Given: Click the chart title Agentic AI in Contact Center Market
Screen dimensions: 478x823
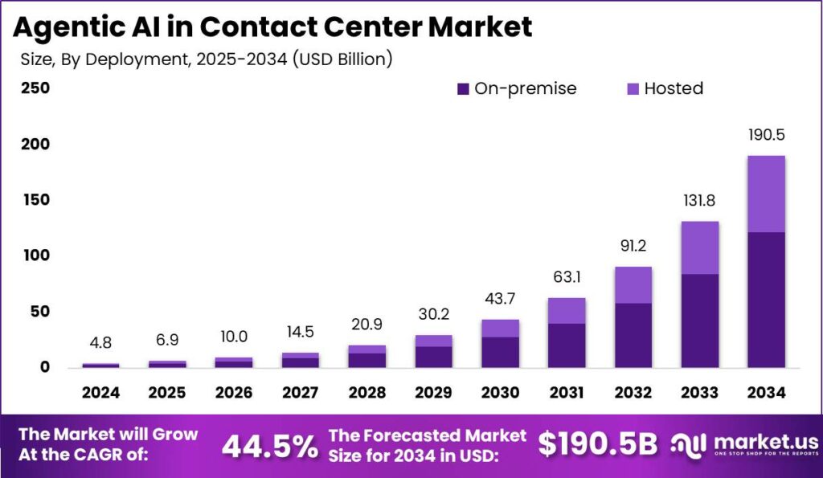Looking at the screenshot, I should click(x=272, y=26).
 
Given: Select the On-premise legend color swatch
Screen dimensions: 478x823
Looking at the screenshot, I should click(x=464, y=89).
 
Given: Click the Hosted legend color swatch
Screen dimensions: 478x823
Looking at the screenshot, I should click(x=633, y=89).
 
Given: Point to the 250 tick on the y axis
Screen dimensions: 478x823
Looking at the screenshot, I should click(x=35, y=88).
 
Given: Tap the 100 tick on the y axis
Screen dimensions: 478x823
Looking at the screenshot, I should click(x=35, y=255).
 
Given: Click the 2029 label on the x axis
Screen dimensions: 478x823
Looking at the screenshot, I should click(x=434, y=393).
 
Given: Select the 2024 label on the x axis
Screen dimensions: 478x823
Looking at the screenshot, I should click(x=100, y=393).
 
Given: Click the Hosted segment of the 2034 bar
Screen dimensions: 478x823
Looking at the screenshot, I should click(x=766, y=194).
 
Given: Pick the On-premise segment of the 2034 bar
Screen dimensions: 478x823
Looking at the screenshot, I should click(x=766, y=300).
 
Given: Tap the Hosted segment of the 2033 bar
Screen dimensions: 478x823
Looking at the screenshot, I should click(x=699, y=247).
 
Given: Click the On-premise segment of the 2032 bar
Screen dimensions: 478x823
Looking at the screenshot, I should click(x=633, y=335).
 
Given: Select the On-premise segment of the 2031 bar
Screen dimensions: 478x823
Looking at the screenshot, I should click(x=567, y=345).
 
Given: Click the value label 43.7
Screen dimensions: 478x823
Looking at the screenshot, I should click(x=500, y=299).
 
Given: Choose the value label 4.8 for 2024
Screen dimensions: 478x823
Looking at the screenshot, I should click(x=100, y=342).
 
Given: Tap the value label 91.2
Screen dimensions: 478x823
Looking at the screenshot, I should click(x=633, y=245).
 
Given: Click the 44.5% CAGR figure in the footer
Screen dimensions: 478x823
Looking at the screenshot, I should click(x=269, y=446).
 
